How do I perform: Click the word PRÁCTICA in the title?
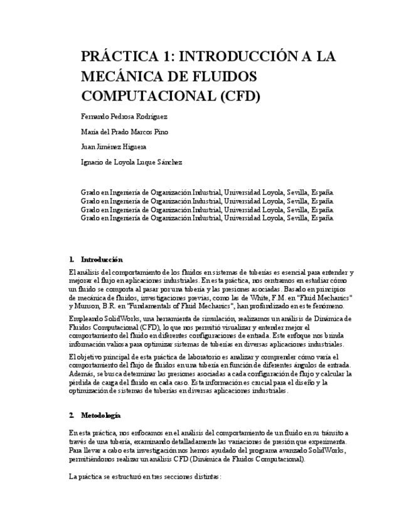[119, 56]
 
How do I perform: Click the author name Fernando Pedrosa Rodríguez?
[124, 117]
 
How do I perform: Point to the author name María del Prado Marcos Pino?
[125, 132]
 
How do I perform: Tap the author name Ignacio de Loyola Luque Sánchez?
[132, 162]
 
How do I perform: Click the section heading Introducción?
[102, 259]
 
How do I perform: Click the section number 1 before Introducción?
[72, 259]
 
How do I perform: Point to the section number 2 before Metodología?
[72, 415]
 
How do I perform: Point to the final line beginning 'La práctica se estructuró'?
[144, 477]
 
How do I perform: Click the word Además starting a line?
[81, 373]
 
